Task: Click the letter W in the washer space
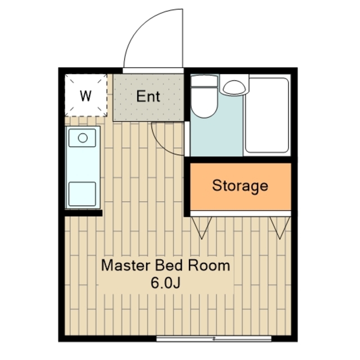(85, 96)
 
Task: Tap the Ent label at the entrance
(148, 96)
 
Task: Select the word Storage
(240, 186)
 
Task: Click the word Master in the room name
(126, 265)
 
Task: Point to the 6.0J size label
(165, 283)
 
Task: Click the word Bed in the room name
(169, 265)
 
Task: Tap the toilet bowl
(204, 102)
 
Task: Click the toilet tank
(204, 81)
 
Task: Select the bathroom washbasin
(234, 87)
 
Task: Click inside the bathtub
(267, 115)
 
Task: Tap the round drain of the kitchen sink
(83, 138)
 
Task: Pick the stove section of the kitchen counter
(82, 194)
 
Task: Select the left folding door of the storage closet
(201, 227)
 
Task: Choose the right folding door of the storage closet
(280, 227)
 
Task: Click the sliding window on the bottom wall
(214, 339)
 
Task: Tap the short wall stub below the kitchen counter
(83, 213)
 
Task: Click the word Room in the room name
(209, 265)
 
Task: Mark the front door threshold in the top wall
(153, 70)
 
